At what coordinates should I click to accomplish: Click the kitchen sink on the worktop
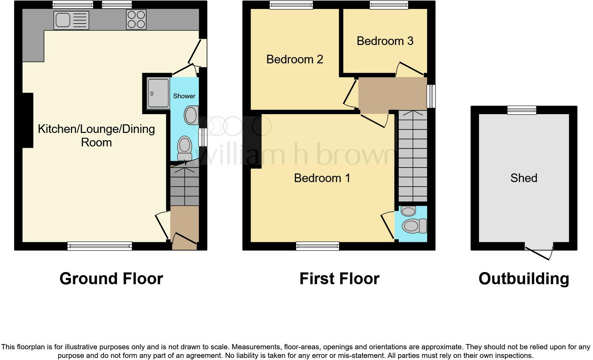click(71, 20)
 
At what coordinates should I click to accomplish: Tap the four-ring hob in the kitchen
click(136, 20)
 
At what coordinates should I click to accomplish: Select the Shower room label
click(184, 96)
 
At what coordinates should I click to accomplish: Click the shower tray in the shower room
click(158, 93)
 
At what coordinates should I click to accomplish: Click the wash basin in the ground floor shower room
click(191, 115)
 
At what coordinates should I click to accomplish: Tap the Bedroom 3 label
click(385, 41)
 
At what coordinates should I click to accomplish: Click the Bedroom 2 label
click(294, 60)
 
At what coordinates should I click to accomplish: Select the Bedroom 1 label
click(322, 178)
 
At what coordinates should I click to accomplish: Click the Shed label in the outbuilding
click(523, 178)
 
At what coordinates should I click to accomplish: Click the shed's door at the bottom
click(539, 252)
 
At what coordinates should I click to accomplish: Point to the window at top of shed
click(522, 110)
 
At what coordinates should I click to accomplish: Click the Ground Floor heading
click(111, 279)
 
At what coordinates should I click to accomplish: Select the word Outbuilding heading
click(523, 279)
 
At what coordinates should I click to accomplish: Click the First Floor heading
click(339, 279)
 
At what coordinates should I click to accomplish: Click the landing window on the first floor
click(431, 96)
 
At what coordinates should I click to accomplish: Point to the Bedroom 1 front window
click(317, 246)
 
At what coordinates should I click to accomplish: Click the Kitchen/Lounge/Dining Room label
click(96, 136)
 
